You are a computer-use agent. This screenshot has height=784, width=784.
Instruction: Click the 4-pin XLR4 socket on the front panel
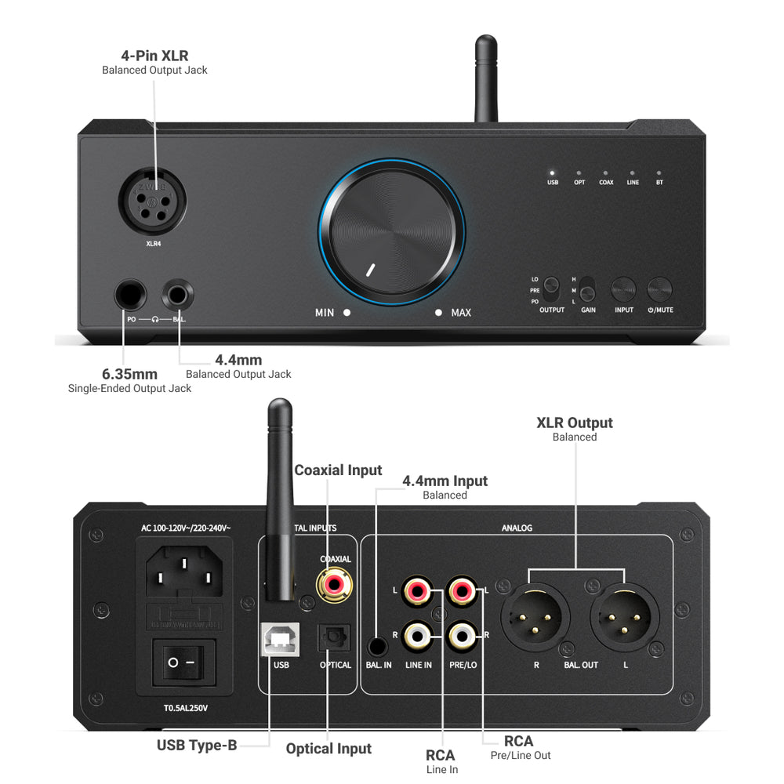[147, 202]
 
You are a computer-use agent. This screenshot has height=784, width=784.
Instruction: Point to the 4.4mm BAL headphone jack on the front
[177, 296]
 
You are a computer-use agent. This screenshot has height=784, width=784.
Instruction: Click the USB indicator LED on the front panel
[552, 172]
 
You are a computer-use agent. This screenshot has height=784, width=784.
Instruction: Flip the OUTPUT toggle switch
[552, 289]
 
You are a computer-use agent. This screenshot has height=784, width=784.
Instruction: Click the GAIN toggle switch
[587, 289]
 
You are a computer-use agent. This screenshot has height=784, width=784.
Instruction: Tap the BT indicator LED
[659, 172]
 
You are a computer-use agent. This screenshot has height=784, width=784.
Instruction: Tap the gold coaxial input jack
[333, 583]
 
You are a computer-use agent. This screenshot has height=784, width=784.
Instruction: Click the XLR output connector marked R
[535, 615]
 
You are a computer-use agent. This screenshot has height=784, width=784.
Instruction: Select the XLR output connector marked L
[624, 615]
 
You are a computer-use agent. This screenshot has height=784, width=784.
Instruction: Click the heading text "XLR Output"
[575, 423]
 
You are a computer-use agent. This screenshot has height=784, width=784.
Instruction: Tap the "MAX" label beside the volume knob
[461, 313]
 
